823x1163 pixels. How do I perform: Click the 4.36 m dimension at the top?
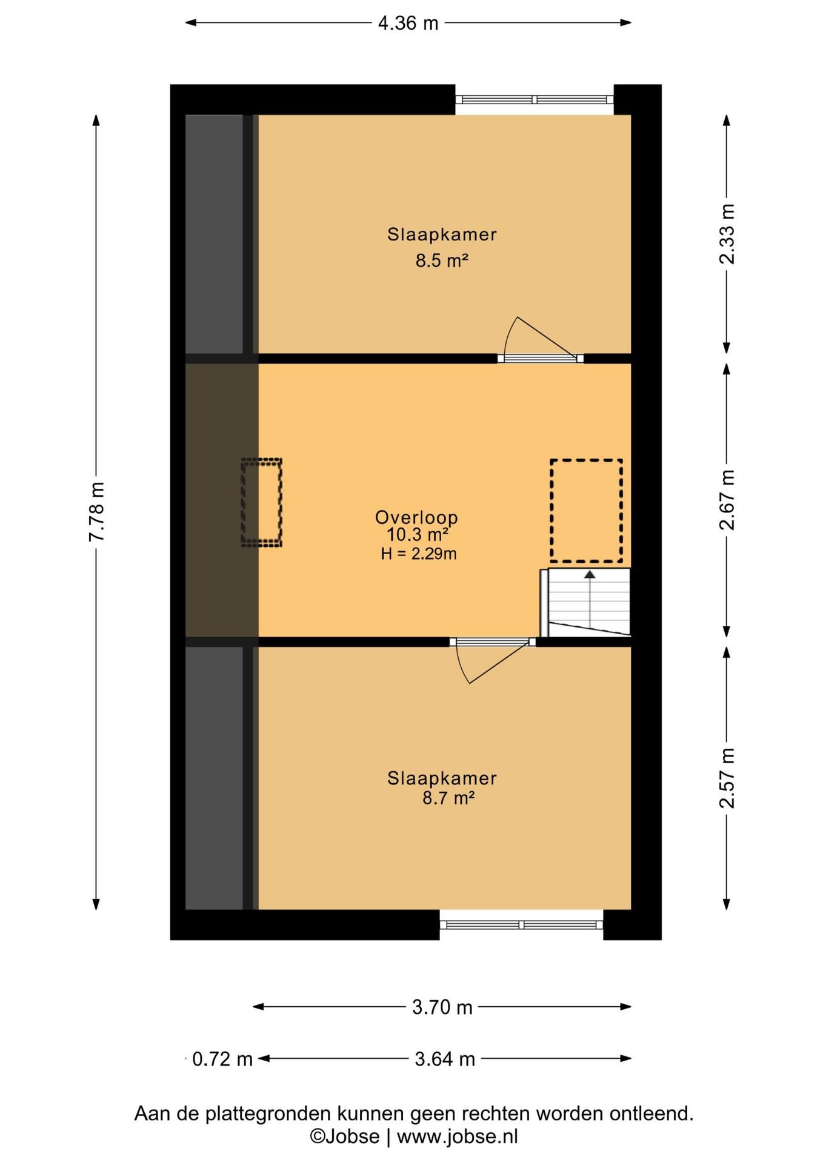click(408, 23)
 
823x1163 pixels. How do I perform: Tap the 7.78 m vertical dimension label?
click(97, 512)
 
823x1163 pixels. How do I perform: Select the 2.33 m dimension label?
click(727, 234)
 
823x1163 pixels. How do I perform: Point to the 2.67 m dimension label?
click(727, 500)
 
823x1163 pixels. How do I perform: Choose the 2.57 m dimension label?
click(727, 778)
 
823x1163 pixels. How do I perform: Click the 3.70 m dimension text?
click(442, 1007)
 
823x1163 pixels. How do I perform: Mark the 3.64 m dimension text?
click(444, 1059)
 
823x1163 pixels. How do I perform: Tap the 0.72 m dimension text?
click(222, 1059)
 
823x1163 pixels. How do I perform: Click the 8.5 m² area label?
click(442, 260)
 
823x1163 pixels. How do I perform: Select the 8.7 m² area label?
click(448, 798)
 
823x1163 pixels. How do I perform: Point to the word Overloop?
click(416, 517)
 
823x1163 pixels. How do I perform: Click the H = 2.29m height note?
click(418, 553)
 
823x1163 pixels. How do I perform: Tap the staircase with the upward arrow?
click(585, 603)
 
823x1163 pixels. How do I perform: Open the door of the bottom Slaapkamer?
click(492, 660)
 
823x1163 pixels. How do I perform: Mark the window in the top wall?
click(534, 100)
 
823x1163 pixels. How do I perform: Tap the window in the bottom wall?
click(521, 924)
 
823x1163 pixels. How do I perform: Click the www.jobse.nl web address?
click(458, 1136)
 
